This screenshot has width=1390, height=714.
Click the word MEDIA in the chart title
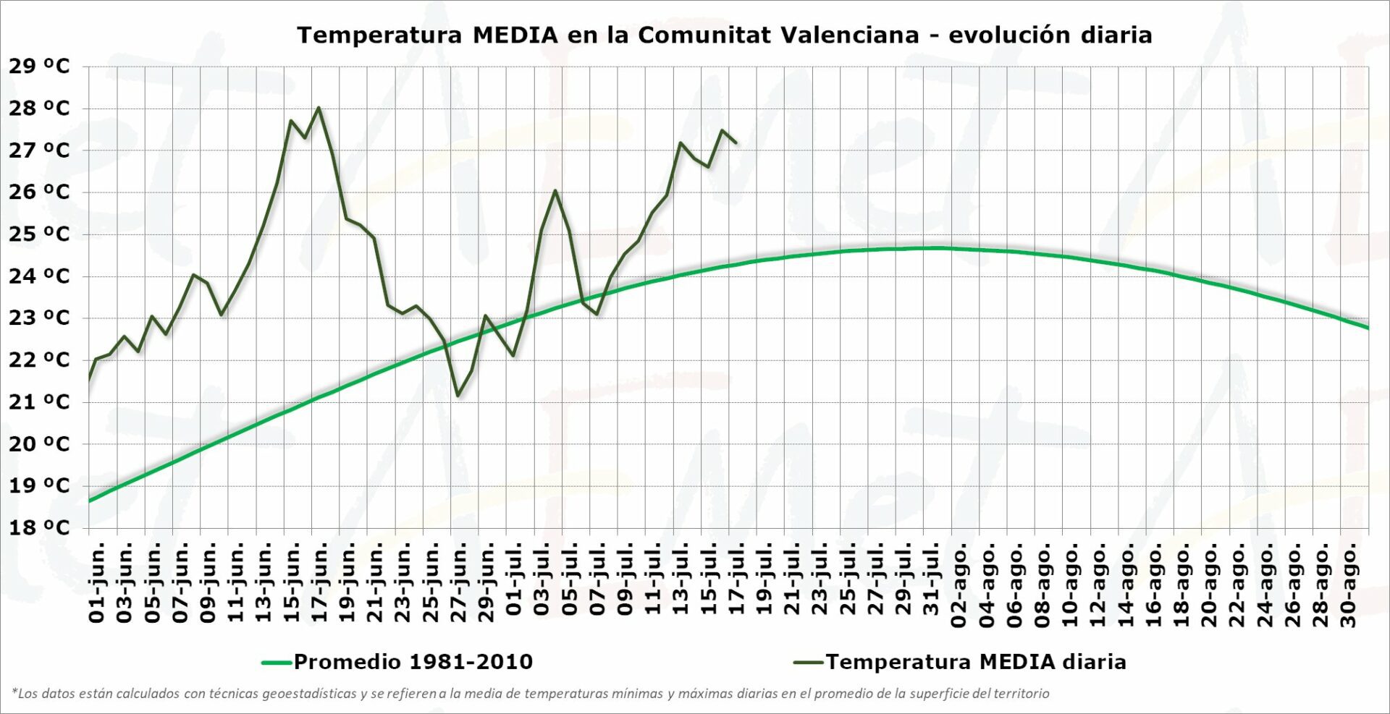click(x=515, y=35)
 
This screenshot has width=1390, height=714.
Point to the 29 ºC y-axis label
click(x=39, y=67)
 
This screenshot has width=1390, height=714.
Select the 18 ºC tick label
click(x=39, y=527)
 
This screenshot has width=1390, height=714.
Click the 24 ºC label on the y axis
click(x=39, y=276)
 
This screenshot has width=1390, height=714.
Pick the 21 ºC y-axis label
click(x=39, y=401)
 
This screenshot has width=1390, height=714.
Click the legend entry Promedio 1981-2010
click(x=413, y=662)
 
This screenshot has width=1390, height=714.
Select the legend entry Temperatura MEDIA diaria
click(x=975, y=662)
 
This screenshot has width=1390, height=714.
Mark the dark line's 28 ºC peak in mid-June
click(x=319, y=108)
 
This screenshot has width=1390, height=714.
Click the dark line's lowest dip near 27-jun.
click(x=458, y=396)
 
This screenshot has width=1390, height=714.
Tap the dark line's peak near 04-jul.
click(x=555, y=190)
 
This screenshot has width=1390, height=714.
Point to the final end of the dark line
click(x=736, y=143)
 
